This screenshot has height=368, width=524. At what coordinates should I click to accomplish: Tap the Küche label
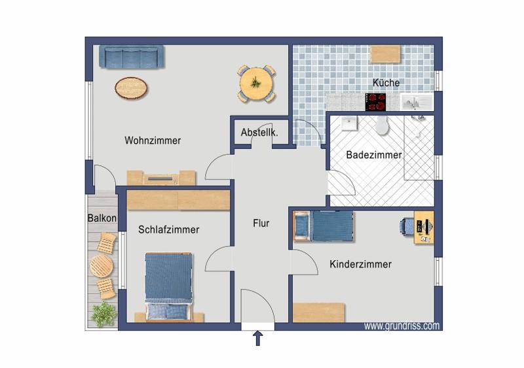(386, 83)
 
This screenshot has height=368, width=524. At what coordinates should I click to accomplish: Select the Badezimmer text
(373, 155)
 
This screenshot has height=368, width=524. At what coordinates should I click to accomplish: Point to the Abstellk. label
(259, 133)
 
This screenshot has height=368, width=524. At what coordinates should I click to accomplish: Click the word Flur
(261, 223)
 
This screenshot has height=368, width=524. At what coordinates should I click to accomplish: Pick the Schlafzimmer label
(168, 229)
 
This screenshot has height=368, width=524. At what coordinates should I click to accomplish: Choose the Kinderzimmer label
(360, 264)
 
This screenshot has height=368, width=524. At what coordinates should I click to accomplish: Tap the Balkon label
(102, 218)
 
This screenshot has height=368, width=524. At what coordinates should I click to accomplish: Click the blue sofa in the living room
(132, 56)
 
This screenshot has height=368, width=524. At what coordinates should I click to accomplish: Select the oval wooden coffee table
(131, 88)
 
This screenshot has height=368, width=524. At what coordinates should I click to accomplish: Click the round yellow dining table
(256, 84)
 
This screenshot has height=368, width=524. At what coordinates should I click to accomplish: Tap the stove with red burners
(375, 101)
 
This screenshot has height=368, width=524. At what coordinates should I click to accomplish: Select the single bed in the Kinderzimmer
(324, 226)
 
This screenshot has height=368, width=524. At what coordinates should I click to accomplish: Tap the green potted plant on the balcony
(103, 314)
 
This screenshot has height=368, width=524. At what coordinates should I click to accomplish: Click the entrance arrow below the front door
(257, 338)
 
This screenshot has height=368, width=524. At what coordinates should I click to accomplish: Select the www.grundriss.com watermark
(402, 326)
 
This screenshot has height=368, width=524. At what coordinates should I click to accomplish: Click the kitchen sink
(415, 102)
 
